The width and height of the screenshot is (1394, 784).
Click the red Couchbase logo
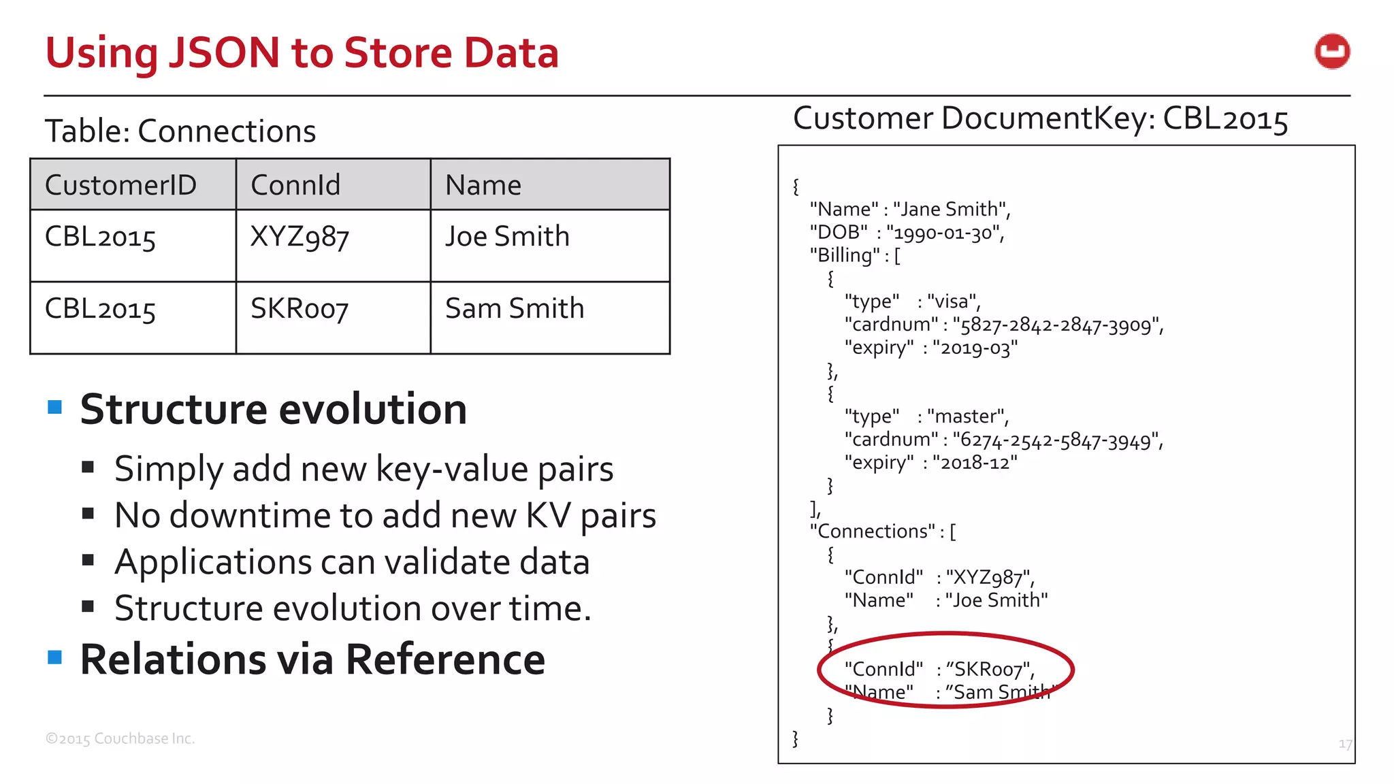(1332, 52)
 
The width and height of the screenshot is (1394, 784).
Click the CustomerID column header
(120, 185)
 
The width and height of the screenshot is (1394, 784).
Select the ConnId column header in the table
(295, 185)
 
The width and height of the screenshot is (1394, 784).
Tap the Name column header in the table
(483, 185)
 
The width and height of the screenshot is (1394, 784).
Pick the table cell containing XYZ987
(299, 237)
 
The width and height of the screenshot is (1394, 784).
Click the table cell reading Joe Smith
(507, 237)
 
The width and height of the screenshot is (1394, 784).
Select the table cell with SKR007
(299, 309)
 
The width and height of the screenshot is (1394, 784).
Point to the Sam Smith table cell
(515, 309)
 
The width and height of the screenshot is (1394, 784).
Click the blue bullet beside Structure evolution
(55, 407)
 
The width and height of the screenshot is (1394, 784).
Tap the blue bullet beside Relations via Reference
(55, 657)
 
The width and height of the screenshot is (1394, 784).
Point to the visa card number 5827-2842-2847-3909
(1057, 325)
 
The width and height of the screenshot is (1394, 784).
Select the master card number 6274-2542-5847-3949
(1057, 440)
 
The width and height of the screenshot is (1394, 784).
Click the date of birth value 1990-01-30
(944, 233)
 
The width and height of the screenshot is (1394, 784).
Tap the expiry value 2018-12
(975, 463)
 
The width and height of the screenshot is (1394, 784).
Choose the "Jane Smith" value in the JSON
(950, 209)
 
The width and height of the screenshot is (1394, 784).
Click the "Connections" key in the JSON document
(873, 531)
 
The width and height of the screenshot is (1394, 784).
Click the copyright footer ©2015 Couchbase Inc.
(120, 738)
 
